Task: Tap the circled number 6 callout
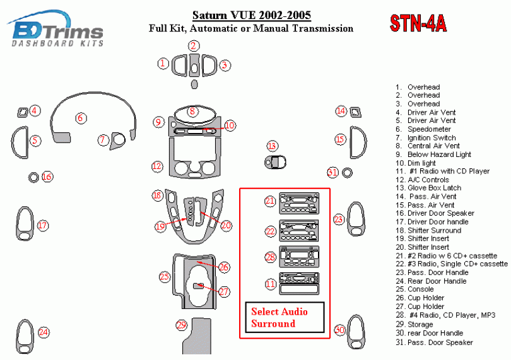(80, 118)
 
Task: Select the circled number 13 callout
(272, 146)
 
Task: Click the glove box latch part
(273, 162)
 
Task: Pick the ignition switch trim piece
(117, 141)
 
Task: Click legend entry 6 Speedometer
(423, 129)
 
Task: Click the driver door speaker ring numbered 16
(33, 177)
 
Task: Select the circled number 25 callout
(165, 276)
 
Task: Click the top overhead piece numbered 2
(194, 64)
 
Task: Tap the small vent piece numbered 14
(356, 113)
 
